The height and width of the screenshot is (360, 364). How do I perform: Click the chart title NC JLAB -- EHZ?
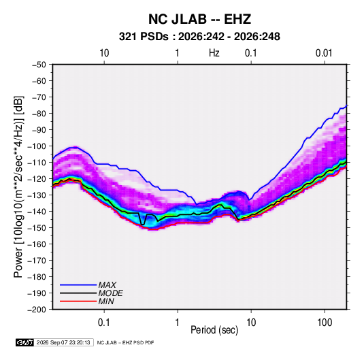click(199, 19)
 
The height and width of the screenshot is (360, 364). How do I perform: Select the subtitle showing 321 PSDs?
click(199, 37)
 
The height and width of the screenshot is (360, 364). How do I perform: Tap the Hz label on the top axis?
click(214, 53)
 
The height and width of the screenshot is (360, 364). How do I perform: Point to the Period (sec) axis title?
click(214, 330)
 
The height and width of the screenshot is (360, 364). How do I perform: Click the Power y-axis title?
click(18, 187)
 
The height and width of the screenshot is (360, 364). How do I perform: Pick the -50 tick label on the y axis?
click(39, 65)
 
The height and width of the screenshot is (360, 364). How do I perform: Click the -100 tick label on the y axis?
click(37, 146)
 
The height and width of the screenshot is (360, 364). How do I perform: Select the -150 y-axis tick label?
click(37, 228)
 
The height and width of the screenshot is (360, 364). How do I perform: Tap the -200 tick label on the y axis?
click(37, 310)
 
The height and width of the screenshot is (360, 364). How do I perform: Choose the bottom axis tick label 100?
click(325, 323)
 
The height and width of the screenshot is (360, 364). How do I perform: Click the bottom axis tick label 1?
click(177, 323)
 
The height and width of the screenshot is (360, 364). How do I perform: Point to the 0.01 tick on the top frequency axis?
click(324, 53)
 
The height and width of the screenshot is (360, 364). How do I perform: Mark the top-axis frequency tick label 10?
click(104, 53)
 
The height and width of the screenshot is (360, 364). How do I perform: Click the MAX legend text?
click(107, 285)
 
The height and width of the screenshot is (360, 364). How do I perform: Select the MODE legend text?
click(110, 293)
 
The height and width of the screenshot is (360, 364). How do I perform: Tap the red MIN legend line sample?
click(78, 301)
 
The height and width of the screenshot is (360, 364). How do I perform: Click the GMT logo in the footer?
click(25, 342)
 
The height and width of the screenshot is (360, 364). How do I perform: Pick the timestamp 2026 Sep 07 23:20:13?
click(63, 342)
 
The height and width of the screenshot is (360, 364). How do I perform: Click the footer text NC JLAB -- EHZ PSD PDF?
click(125, 342)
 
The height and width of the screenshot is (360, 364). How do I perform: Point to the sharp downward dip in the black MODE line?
click(142, 225)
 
